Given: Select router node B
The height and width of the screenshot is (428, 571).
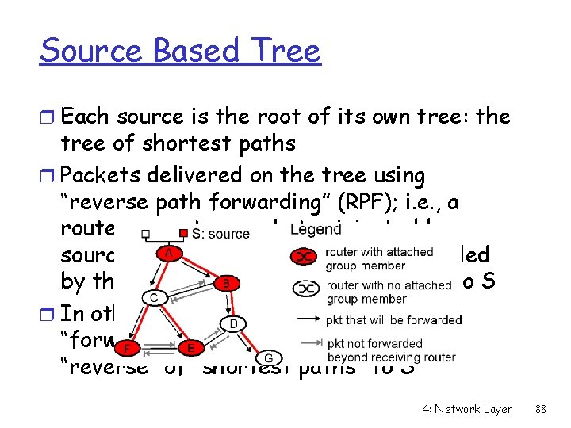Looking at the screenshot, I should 225,281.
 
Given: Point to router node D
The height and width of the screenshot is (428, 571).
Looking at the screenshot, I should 234,323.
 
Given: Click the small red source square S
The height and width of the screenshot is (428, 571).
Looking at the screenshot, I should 182,233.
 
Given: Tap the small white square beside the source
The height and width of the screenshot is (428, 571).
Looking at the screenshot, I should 146,234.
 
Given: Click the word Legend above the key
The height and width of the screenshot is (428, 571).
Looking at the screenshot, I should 316,229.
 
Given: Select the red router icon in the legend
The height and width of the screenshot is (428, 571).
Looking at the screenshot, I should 305,256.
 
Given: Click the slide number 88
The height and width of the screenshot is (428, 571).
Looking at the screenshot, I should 542,409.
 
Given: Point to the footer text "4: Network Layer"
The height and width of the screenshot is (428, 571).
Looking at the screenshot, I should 467,409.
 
